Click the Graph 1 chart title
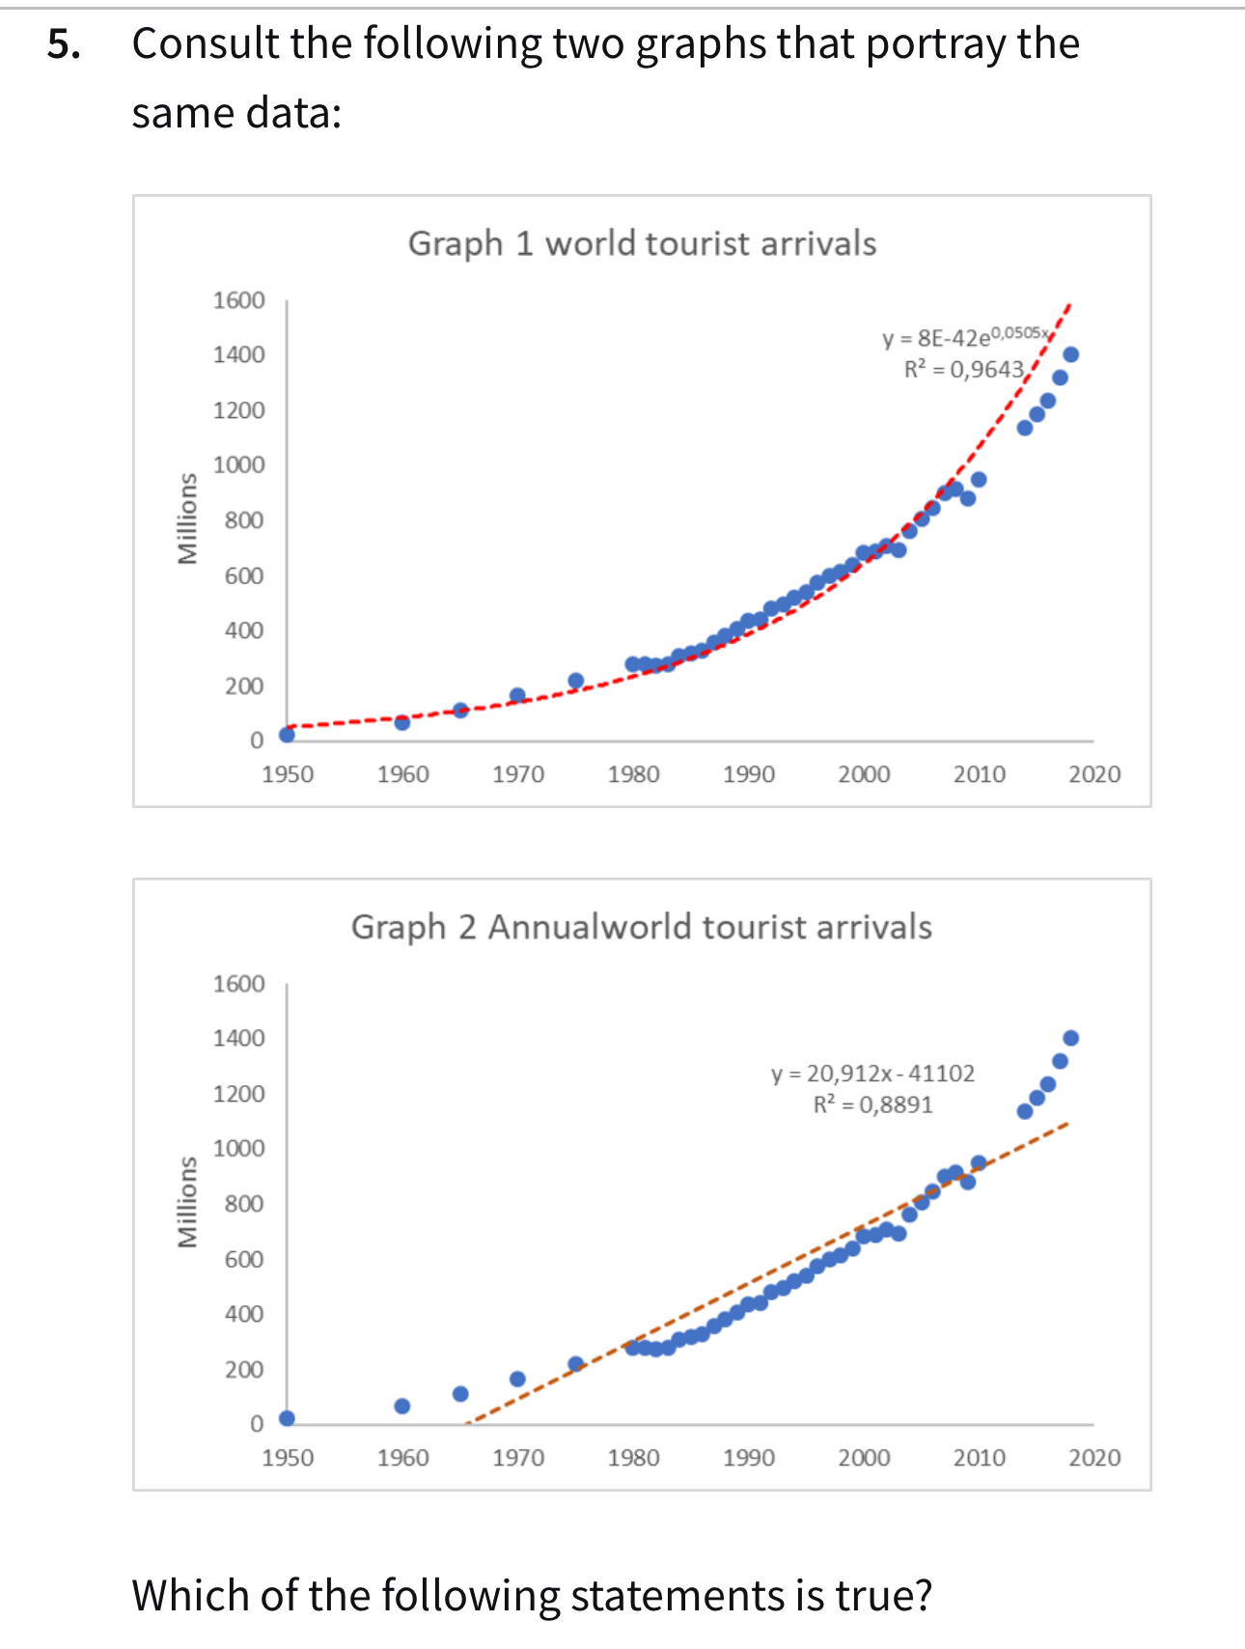click(x=642, y=243)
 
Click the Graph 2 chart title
click(x=642, y=927)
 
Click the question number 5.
click(x=64, y=44)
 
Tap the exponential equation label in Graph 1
click(x=965, y=337)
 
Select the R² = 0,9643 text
click(x=963, y=369)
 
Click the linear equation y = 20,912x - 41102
click(x=872, y=1074)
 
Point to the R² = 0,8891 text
click(x=872, y=1104)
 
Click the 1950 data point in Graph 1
click(x=287, y=735)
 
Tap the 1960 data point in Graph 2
click(x=402, y=1406)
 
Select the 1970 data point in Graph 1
click(x=517, y=695)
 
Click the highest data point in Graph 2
click(x=1070, y=1038)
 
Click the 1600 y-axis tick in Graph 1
click(x=238, y=300)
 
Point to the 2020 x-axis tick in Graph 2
click(x=1094, y=1458)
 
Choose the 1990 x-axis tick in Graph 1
click(x=749, y=774)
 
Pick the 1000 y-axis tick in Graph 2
click(x=238, y=1149)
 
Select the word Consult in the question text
click(x=205, y=44)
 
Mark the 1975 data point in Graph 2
click(x=576, y=1364)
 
